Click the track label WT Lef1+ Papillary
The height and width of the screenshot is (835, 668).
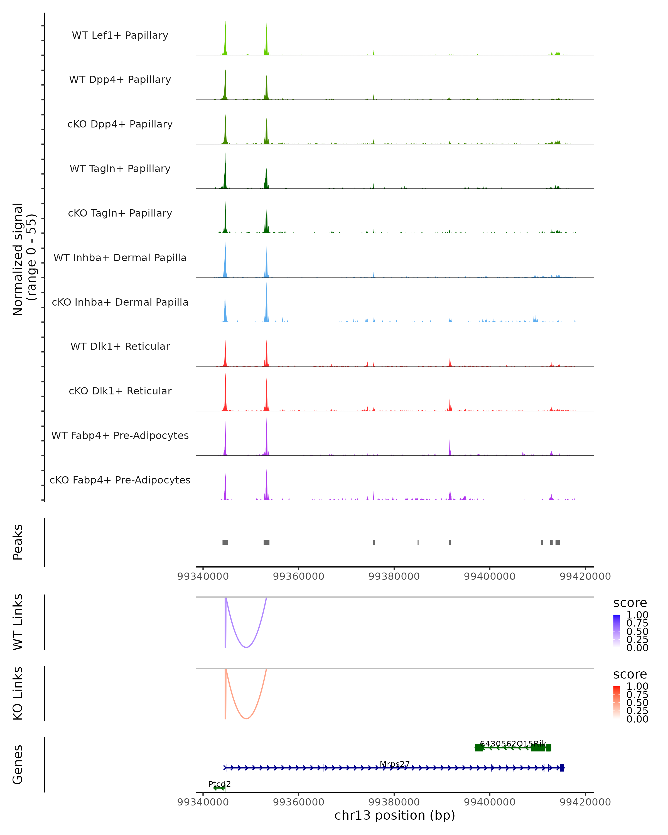[120, 35]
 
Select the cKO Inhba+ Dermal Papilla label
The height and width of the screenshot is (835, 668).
[120, 302]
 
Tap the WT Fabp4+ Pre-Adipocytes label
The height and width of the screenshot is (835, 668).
[120, 435]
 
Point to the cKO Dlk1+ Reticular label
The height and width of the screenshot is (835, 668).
[120, 391]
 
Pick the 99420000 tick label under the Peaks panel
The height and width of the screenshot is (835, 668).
[585, 576]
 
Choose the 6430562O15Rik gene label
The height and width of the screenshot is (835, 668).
[513, 744]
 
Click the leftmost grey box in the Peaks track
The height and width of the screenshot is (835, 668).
[225, 542]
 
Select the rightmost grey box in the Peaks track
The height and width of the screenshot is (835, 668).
[558, 542]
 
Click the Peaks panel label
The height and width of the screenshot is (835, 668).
[18, 542]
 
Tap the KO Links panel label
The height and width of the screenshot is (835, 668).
[18, 693]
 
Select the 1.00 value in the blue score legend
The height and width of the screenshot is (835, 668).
[637, 615]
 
